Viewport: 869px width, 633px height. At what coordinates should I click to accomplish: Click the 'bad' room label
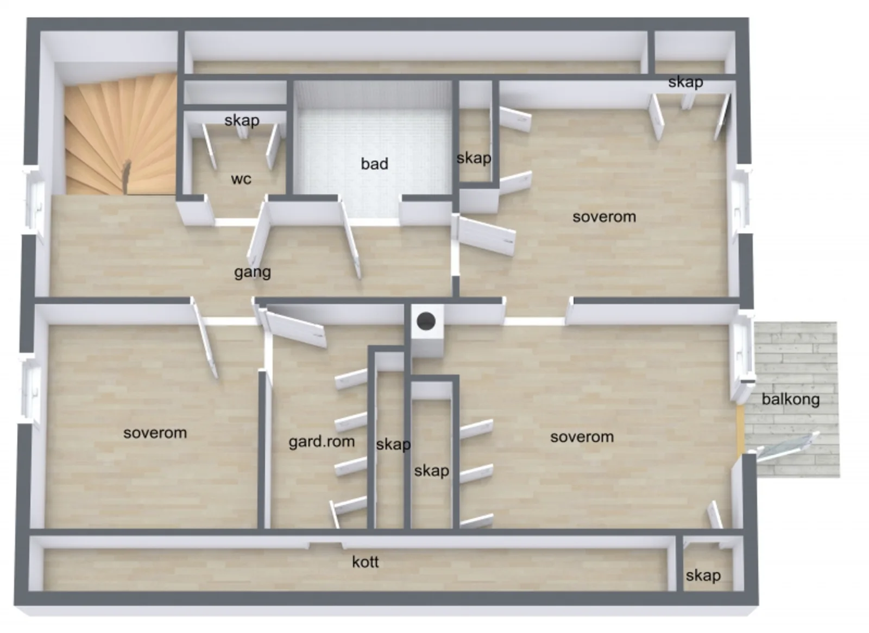click(x=374, y=164)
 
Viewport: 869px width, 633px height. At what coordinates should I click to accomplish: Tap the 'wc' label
click(x=241, y=179)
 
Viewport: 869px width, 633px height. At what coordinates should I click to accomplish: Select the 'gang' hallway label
click(x=253, y=273)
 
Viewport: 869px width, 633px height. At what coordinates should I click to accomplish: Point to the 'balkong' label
click(x=791, y=399)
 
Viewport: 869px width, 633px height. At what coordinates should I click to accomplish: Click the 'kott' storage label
click(x=365, y=562)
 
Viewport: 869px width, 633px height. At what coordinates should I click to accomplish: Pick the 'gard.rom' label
click(x=322, y=442)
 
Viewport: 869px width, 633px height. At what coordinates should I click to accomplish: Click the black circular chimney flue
click(x=426, y=321)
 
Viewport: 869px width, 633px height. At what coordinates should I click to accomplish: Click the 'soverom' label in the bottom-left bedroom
click(x=155, y=433)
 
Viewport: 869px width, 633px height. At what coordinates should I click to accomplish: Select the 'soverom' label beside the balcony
click(x=582, y=437)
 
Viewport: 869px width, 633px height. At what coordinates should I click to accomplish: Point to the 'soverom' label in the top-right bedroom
click(x=604, y=217)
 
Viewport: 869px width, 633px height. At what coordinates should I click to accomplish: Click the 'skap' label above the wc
click(x=242, y=121)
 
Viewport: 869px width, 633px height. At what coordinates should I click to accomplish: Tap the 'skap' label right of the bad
click(x=474, y=159)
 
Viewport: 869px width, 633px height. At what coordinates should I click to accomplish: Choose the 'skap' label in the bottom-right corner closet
click(x=703, y=575)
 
